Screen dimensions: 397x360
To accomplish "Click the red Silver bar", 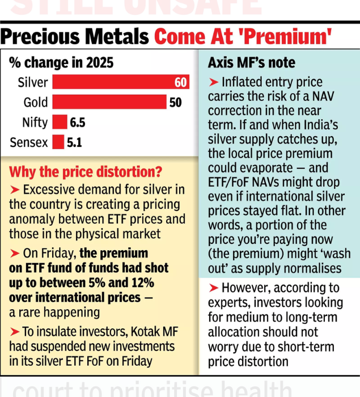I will point(113,82).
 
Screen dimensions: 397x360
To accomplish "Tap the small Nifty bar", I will point(60,122).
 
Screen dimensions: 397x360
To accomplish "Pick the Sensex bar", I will point(58,142).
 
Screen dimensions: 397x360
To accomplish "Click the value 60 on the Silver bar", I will point(180,83).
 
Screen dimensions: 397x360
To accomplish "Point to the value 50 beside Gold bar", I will point(175,103).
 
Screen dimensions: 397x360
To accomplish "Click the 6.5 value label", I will point(78,123).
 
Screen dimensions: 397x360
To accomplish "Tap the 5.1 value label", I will point(74,142).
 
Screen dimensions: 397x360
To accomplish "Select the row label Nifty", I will point(35,123).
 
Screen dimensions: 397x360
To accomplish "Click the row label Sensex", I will point(29,142).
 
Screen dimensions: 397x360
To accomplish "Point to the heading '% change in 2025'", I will point(61,62).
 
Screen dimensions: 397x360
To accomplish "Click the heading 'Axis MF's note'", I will point(244,62).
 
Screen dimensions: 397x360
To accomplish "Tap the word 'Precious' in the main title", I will point(43,37).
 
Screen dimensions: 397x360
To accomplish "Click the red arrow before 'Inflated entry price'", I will point(214,82).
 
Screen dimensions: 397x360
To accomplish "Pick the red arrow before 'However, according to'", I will point(214,288).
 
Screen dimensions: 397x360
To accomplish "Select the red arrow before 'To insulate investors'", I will point(15,332).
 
